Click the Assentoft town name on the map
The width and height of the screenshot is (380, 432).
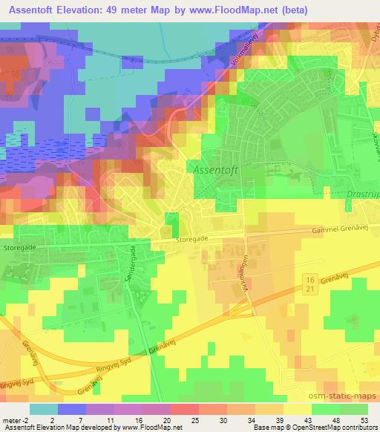(217, 168)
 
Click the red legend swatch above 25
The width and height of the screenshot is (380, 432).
(184, 409)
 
